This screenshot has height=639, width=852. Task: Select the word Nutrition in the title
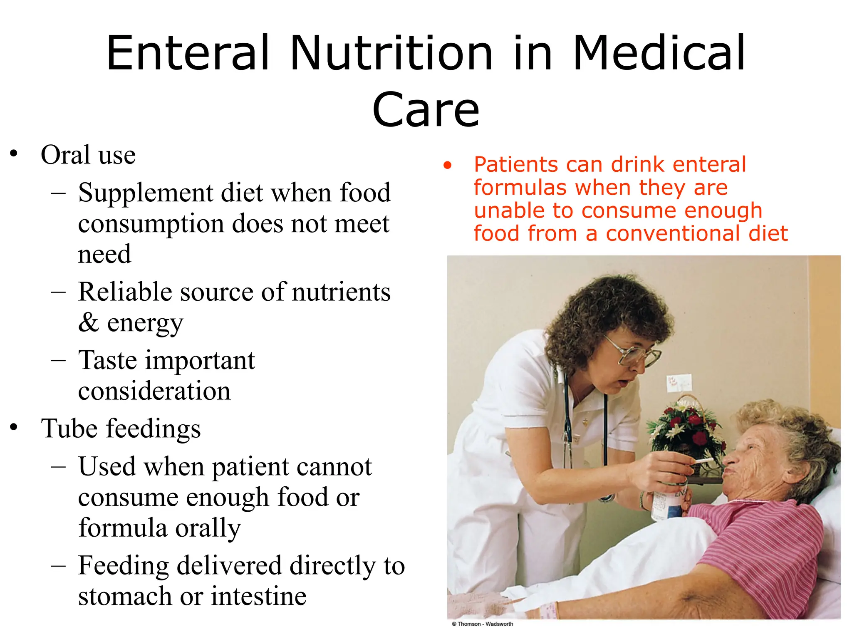pyautogui.click(x=391, y=53)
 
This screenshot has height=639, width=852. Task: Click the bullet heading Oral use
pyautogui.click(x=88, y=155)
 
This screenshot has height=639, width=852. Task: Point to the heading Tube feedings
pyautogui.click(x=121, y=428)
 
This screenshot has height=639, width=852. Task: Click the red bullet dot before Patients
pyautogui.click(x=447, y=166)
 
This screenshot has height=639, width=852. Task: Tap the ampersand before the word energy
pyautogui.click(x=89, y=322)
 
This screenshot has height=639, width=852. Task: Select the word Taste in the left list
pyautogui.click(x=107, y=360)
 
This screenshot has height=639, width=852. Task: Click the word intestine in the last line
pyautogui.click(x=258, y=596)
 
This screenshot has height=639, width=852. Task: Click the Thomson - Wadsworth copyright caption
pyautogui.click(x=483, y=624)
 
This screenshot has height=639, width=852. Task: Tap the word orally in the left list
pyautogui.click(x=208, y=528)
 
